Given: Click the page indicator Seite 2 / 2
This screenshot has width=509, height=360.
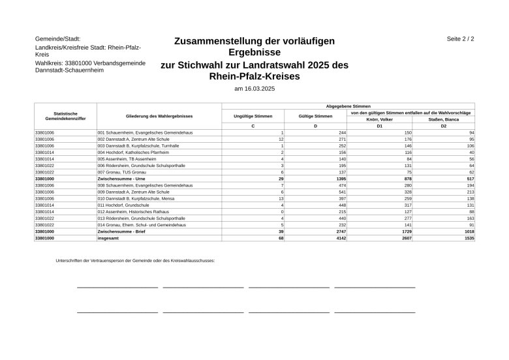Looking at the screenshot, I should [x=460, y=39].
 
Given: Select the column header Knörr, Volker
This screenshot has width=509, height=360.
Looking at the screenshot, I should [x=379, y=119].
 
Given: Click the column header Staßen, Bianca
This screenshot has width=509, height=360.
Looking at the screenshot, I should [x=443, y=119].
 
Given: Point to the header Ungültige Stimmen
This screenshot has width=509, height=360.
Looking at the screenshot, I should [x=253, y=116].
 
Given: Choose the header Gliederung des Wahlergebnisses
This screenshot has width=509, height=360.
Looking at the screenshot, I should [x=159, y=116].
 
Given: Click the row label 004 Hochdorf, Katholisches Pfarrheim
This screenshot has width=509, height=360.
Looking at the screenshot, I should [x=133, y=152].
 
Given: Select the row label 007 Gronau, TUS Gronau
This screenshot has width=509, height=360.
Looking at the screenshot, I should [x=121, y=172].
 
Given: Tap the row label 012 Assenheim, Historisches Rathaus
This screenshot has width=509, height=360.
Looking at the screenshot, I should [x=133, y=211].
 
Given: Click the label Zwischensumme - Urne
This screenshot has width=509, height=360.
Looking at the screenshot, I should [x=121, y=178].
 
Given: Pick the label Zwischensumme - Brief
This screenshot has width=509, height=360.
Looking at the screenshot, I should [x=121, y=232].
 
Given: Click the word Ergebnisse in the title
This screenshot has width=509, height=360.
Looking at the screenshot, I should [x=254, y=52].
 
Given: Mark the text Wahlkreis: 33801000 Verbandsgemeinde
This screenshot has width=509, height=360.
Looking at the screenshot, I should [x=90, y=63].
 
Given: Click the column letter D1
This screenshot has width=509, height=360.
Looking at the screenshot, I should [x=379, y=126].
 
